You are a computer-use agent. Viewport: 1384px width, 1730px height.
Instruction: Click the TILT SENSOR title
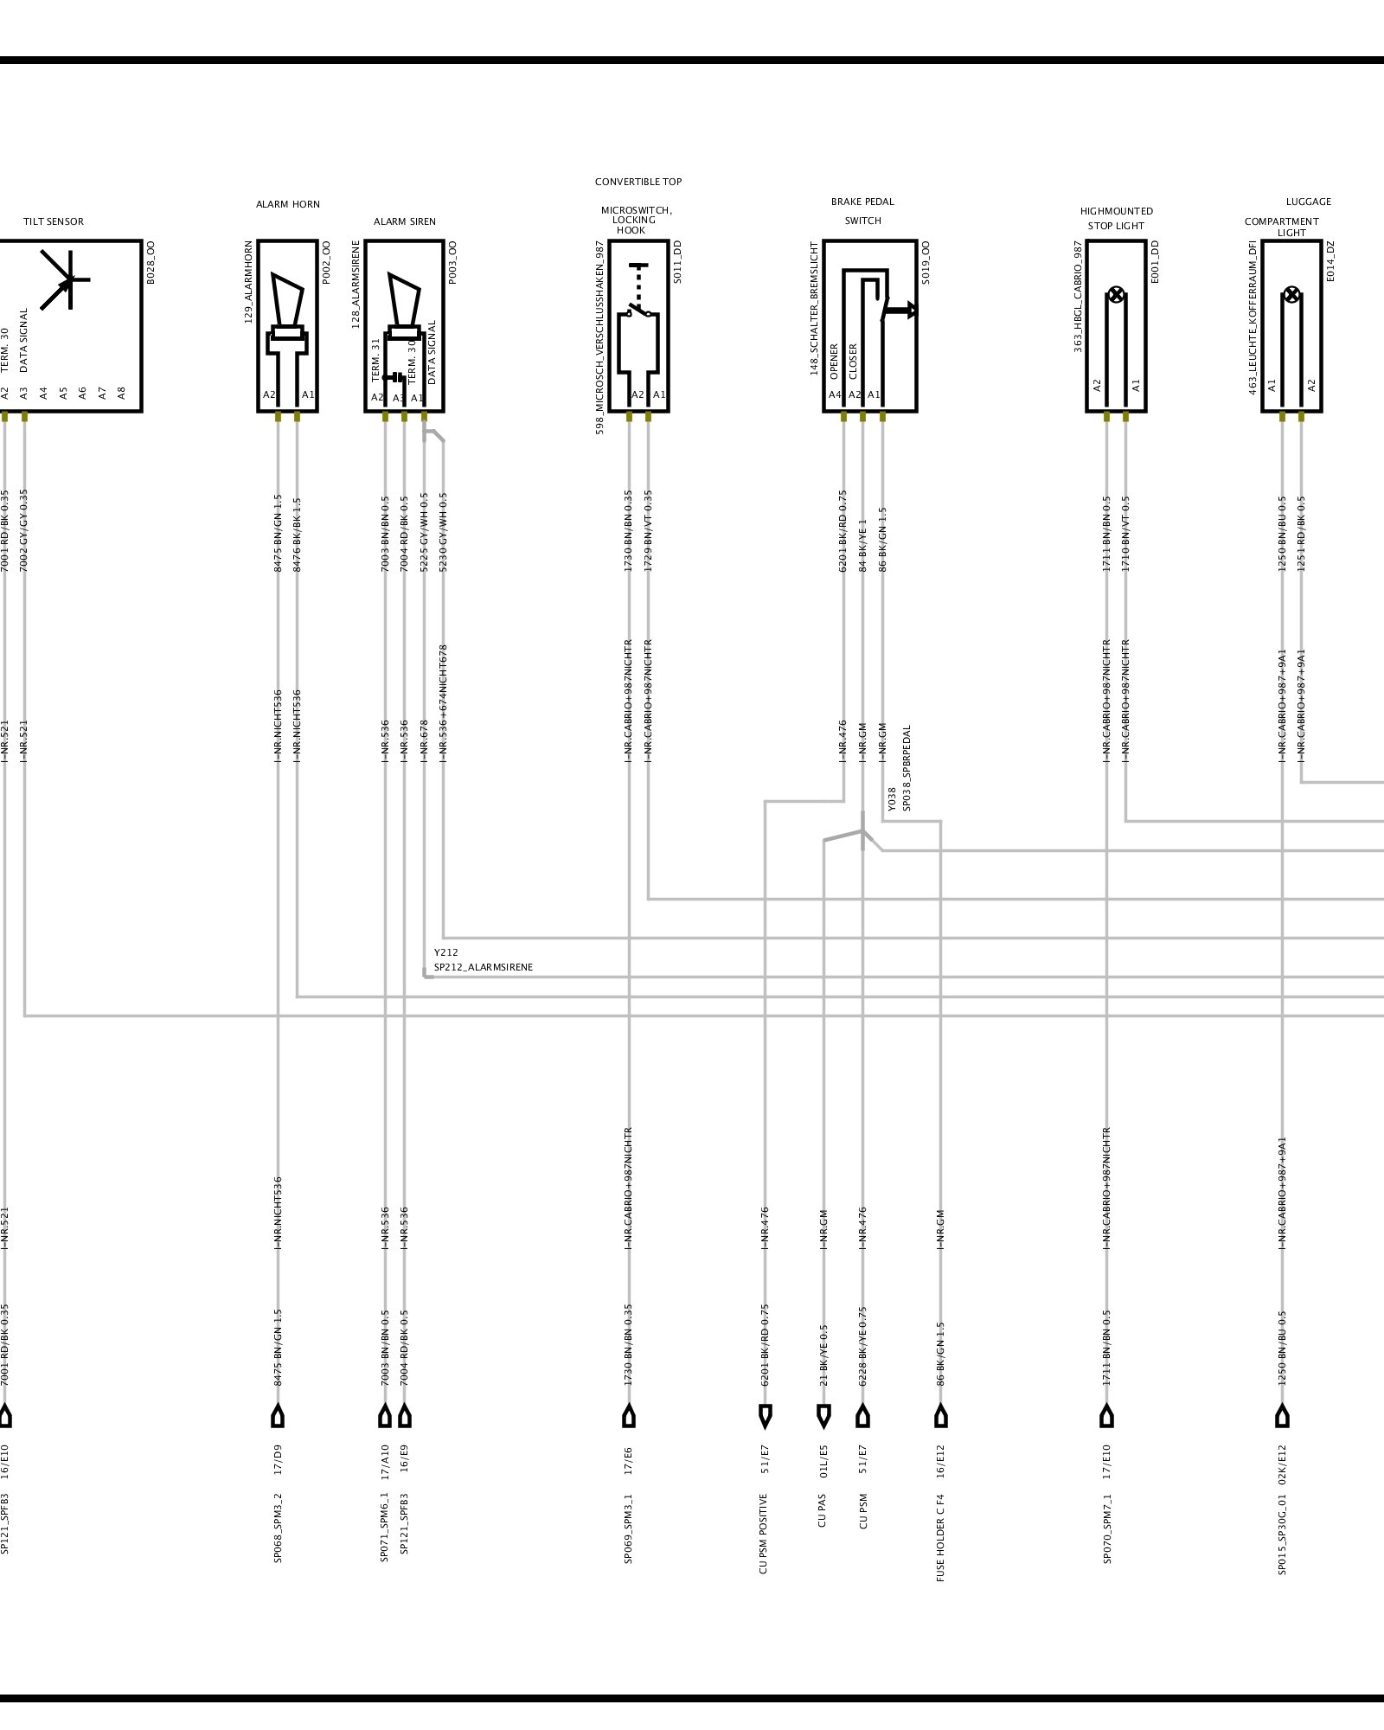coord(54,221)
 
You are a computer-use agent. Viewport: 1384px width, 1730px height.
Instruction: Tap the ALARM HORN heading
coord(287,204)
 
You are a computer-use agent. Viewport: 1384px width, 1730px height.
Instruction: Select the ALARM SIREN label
coord(404,221)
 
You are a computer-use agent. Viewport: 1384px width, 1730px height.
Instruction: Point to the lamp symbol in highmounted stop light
coord(1116,296)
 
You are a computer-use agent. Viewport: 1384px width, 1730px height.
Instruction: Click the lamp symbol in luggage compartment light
coord(1291,295)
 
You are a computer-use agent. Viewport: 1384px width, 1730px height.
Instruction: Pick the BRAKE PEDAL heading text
coord(862,202)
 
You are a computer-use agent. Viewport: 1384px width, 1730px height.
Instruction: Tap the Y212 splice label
coord(446,952)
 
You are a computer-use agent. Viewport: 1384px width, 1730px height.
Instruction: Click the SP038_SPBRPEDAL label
coord(907,768)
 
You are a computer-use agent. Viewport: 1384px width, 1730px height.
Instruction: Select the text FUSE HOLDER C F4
coord(940,1538)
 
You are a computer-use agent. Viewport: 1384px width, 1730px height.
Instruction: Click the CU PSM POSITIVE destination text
coord(764,1534)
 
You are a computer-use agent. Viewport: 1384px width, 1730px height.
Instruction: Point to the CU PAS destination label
coord(823,1510)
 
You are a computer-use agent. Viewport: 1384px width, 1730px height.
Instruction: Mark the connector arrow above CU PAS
coord(823,1416)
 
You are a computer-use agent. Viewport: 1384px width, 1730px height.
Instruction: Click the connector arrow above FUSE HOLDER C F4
coord(941,1416)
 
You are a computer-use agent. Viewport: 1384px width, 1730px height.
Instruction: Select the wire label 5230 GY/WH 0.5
coord(444,532)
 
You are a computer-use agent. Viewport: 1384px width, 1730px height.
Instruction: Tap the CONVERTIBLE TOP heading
coord(638,182)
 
